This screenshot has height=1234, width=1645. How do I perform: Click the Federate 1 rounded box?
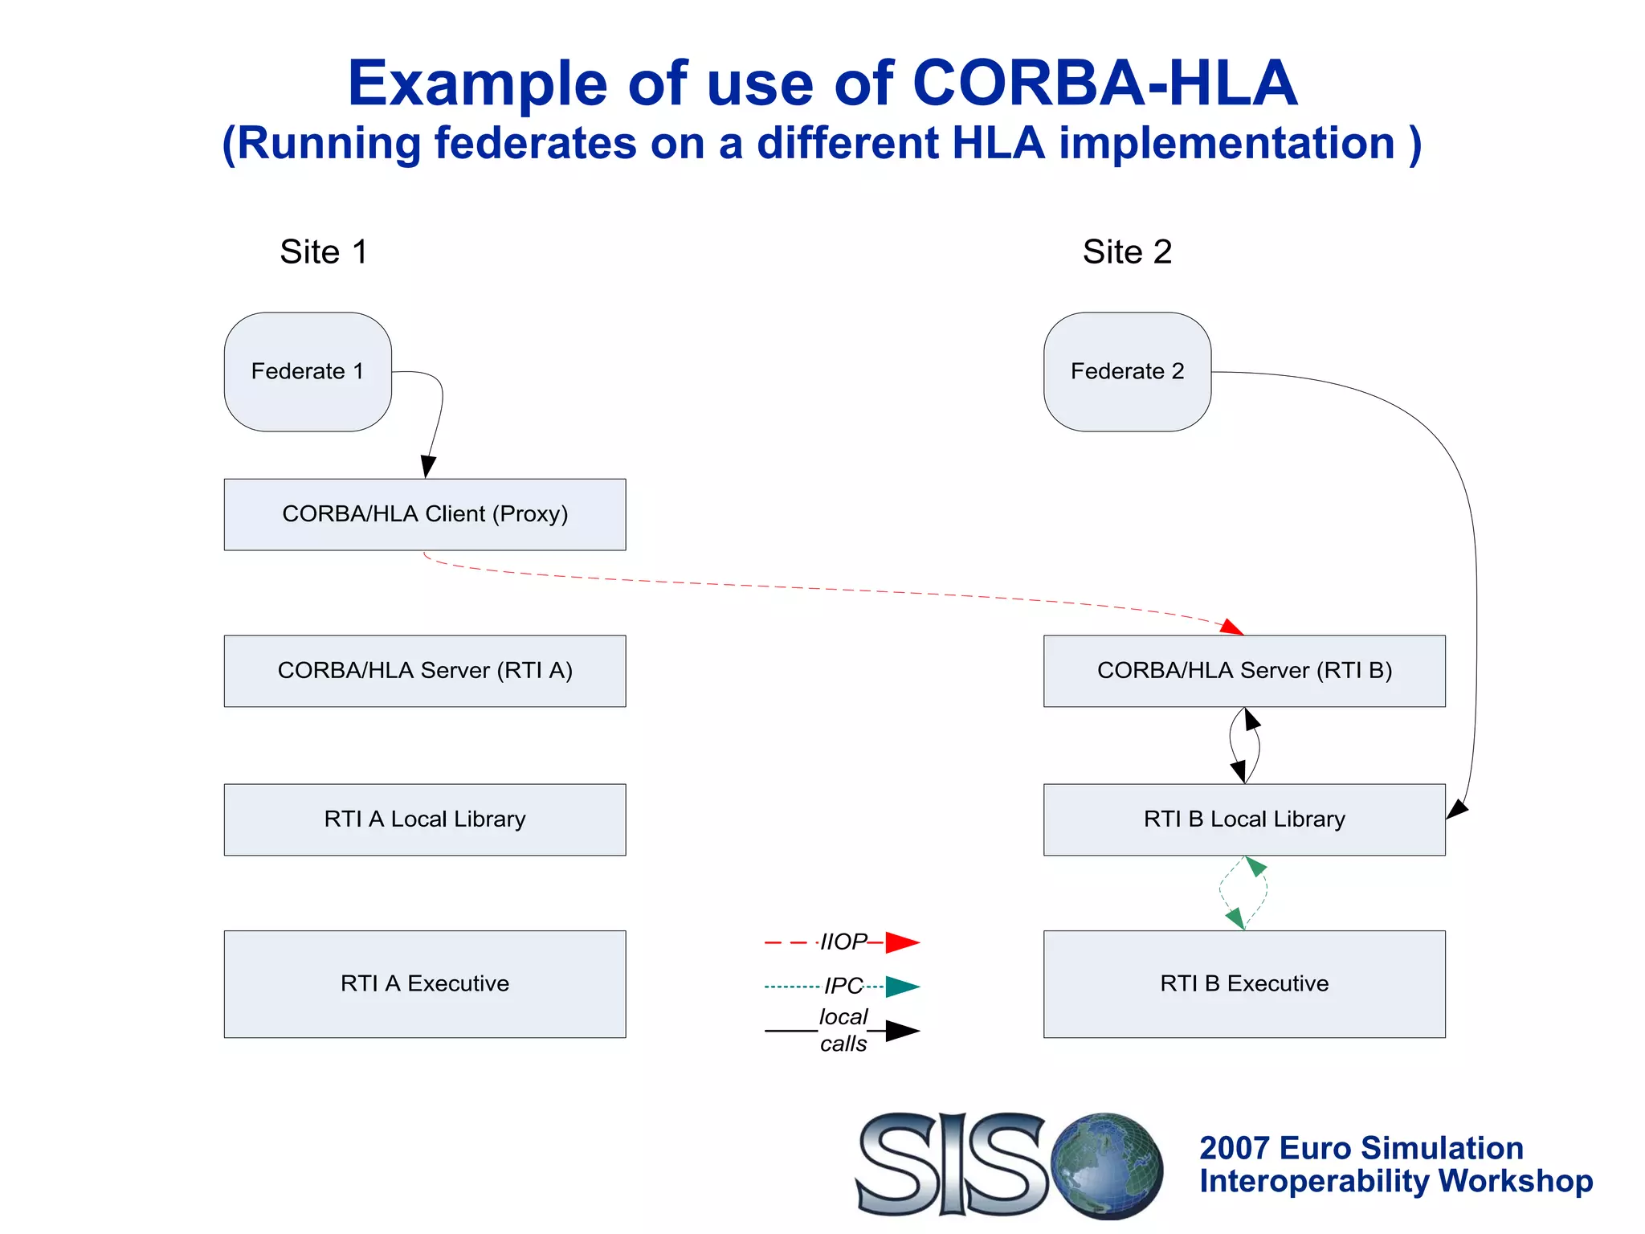[308, 371]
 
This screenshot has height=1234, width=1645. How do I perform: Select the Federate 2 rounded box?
[1127, 371]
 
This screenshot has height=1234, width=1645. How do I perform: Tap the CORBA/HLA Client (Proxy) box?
[425, 514]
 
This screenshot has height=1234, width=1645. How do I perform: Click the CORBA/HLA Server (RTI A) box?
[425, 671]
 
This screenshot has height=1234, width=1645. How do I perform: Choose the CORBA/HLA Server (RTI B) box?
[1244, 671]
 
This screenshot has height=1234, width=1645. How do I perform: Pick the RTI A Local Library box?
[425, 819]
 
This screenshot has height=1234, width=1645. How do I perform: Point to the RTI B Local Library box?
[1244, 819]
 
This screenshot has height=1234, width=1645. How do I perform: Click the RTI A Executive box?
[425, 983]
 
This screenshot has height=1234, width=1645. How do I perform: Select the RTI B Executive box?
[1244, 983]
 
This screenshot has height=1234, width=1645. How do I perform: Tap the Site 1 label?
[324, 251]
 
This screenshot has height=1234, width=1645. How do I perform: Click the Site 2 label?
[1127, 251]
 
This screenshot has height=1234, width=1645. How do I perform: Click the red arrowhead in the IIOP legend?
[902, 942]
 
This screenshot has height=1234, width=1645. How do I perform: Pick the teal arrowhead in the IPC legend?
[902, 986]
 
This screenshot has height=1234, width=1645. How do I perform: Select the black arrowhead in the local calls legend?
[902, 1030]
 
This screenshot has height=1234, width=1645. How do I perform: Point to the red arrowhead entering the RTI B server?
[1231, 627]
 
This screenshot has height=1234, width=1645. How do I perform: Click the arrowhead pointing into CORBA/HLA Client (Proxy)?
[428, 466]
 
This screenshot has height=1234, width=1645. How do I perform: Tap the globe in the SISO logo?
[1107, 1164]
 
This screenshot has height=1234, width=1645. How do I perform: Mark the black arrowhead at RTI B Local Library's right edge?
[1457, 810]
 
